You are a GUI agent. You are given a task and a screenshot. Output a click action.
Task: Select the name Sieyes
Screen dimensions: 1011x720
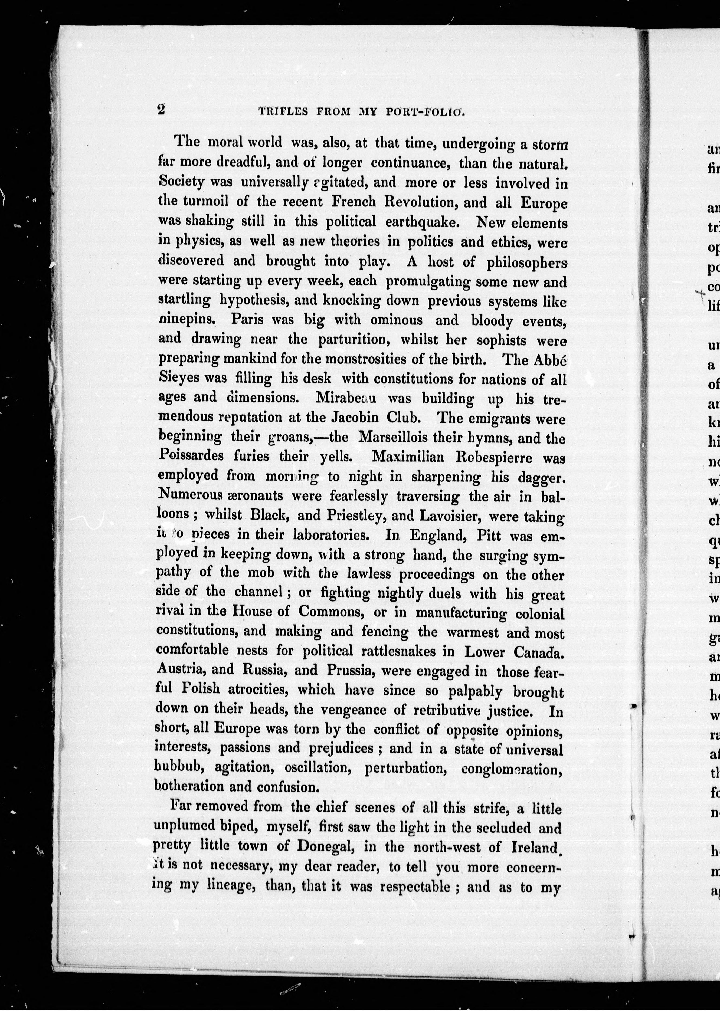[x=179, y=379]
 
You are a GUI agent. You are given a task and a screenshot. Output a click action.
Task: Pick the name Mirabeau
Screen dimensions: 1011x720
[x=346, y=398]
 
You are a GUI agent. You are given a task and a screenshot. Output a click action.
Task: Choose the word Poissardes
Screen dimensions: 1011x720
[x=193, y=456]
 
